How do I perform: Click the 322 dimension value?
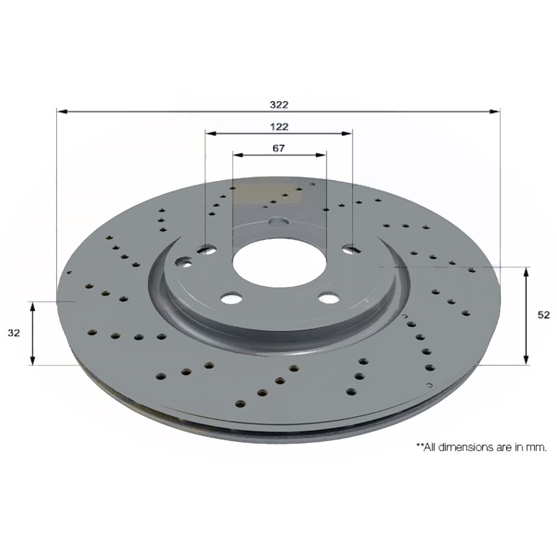[x=279, y=105]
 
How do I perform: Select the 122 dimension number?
[x=279, y=127]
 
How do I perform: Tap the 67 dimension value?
[x=279, y=148]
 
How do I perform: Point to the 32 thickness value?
[x=14, y=333]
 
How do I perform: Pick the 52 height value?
[x=544, y=315]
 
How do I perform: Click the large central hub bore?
[x=280, y=262]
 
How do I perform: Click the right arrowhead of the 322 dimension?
[x=495, y=111]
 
